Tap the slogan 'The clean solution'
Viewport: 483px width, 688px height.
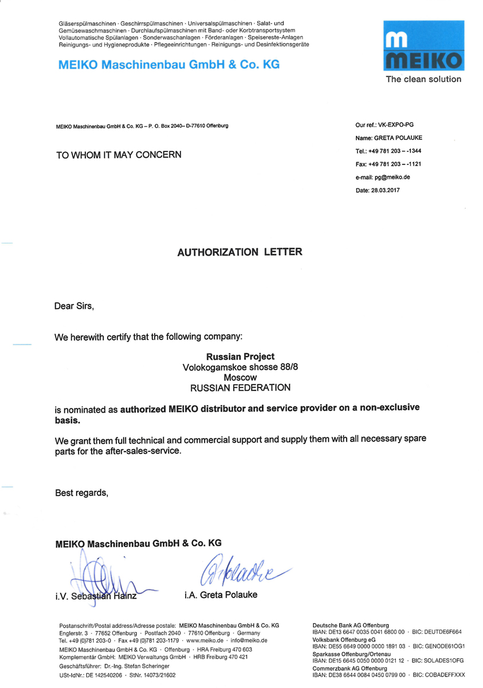tap(423, 80)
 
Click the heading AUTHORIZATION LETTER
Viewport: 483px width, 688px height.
tap(240, 252)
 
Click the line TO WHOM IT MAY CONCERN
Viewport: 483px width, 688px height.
tap(118, 155)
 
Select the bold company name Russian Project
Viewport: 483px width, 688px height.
tap(240, 357)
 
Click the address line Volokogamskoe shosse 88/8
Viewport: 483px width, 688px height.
tap(240, 367)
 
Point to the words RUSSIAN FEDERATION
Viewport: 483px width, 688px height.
tap(240, 388)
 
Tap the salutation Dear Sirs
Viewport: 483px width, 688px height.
tap(74, 306)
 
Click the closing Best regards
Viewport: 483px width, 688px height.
tap(81, 492)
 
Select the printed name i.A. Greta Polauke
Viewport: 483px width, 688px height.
tap(221, 595)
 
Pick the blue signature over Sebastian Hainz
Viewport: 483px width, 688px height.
tap(103, 576)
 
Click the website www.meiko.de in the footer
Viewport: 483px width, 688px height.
tap(204, 640)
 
